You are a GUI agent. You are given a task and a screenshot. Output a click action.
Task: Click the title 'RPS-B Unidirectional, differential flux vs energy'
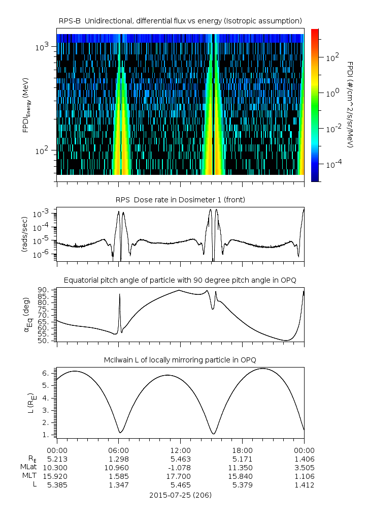[181, 20]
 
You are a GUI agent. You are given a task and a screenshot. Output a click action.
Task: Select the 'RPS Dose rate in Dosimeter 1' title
[181, 200]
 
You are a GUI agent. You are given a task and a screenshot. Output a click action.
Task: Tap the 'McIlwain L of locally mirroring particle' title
[181, 360]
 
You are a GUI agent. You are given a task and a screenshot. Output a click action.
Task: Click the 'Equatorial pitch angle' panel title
[181, 280]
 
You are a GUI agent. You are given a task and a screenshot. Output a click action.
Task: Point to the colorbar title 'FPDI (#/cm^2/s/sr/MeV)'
[350, 105]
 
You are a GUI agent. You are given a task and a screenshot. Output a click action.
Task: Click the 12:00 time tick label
[180, 450]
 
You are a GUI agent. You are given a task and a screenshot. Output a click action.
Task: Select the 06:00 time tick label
[118, 450]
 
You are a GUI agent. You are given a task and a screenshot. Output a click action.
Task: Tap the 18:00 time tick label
[242, 450]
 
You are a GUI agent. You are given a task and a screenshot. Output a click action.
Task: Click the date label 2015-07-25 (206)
[181, 495]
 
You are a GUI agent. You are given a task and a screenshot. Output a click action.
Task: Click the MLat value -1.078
[180, 467]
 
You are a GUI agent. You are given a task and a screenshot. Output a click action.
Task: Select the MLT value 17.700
[180, 476]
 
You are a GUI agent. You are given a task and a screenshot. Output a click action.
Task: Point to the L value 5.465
[180, 485]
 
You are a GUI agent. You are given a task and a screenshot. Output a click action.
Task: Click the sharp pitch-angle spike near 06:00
[120, 295]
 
